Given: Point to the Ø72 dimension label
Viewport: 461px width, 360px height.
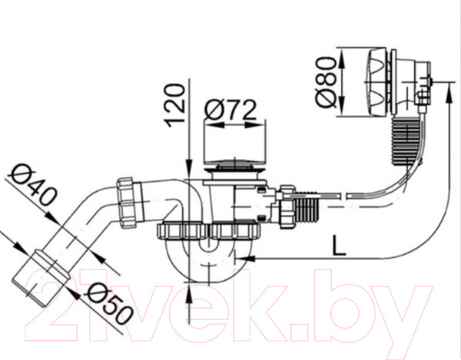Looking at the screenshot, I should [x=230, y=111].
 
